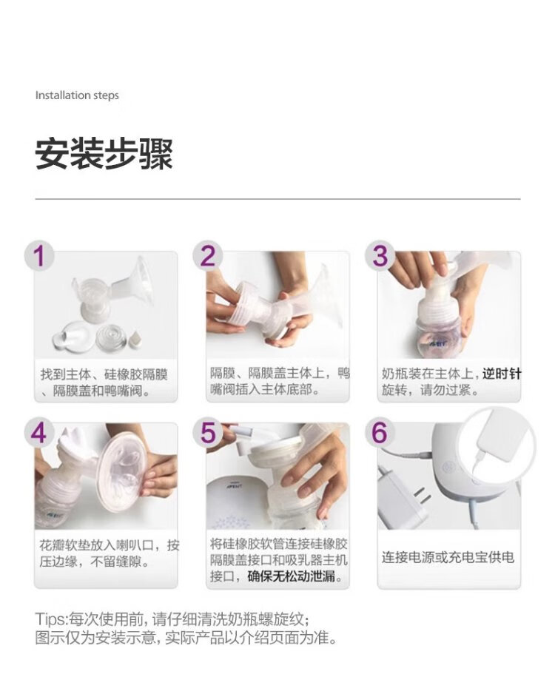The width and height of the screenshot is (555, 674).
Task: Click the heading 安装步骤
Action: [x=104, y=153]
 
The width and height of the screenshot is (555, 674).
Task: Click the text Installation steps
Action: [x=77, y=95]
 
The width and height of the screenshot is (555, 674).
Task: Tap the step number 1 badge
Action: [x=39, y=256]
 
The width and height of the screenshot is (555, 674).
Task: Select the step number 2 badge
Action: [x=208, y=256]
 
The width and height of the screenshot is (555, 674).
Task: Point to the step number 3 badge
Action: [x=380, y=256]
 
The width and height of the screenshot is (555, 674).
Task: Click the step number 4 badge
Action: [x=38, y=432]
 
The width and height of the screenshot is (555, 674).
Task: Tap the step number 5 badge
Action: [x=208, y=432]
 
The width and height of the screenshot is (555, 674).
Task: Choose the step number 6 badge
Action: [x=380, y=432]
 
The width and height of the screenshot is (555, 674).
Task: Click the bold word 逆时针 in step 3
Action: [x=502, y=374]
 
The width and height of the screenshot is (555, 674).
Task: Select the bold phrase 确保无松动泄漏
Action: [x=292, y=576]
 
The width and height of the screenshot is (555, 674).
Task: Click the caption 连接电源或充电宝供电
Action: [x=448, y=557]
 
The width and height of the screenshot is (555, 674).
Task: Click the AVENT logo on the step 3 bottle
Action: [x=437, y=343]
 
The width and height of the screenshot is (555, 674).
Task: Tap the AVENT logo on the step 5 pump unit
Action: [x=235, y=486]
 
